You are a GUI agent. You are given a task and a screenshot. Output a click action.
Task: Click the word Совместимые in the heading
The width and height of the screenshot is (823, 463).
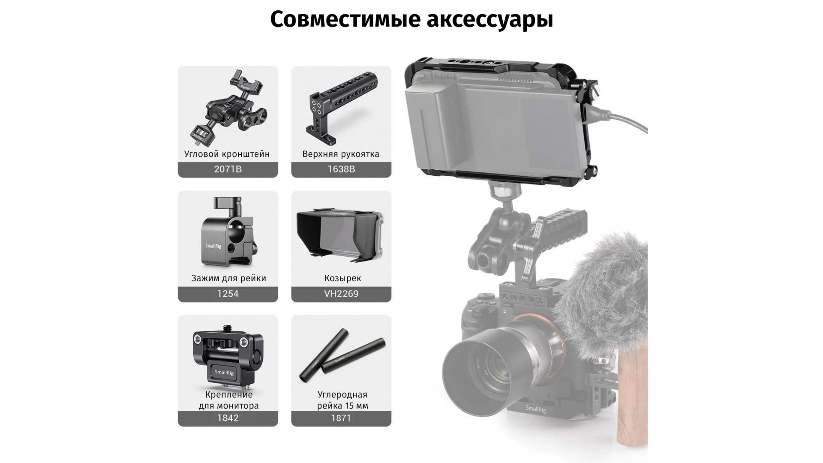coord(342,19)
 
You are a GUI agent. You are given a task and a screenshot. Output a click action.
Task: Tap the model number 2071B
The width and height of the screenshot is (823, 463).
coord(228,169)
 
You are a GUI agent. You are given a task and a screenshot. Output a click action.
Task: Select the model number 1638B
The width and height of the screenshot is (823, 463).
coord(341,169)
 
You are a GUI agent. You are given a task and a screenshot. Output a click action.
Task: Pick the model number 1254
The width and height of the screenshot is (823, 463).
coord(228,294)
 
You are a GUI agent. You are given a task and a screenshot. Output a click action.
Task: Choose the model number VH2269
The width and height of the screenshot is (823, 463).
coord(341,294)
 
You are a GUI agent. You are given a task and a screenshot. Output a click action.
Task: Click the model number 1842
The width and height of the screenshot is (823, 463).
coord(228,418)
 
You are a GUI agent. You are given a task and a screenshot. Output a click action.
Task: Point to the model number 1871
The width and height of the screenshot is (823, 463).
coord(341,418)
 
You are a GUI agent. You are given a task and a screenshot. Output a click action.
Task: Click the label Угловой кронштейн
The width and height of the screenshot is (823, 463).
coord(227,154)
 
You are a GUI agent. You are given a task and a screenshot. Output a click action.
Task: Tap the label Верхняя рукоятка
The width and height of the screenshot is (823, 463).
coord(341,154)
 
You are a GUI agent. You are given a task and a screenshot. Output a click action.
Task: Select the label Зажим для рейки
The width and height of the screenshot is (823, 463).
coord(228,279)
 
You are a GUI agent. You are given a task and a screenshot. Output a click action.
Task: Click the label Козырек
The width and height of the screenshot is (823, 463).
coord(342,279)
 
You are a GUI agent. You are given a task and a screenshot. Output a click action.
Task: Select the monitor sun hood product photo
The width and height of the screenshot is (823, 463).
coord(340,235)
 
